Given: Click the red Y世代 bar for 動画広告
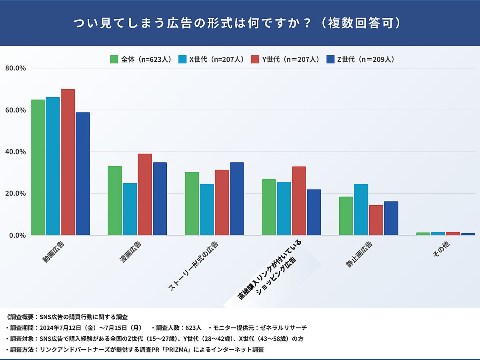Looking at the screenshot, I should tap(68, 162).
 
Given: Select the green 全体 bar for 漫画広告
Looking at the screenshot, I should tap(115, 200).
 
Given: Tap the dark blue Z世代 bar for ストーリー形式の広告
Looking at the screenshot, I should tap(237, 199).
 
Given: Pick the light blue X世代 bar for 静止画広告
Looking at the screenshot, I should tap(361, 210).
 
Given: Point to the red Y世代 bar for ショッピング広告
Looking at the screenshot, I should tap(299, 201).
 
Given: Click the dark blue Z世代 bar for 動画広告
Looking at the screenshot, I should tap(83, 174).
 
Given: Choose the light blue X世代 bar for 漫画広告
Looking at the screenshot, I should tap(130, 209).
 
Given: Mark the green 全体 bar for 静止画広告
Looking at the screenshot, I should tap(346, 216).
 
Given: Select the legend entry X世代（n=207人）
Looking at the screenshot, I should tap(216, 60).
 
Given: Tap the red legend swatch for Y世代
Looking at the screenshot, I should tap(254, 60).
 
